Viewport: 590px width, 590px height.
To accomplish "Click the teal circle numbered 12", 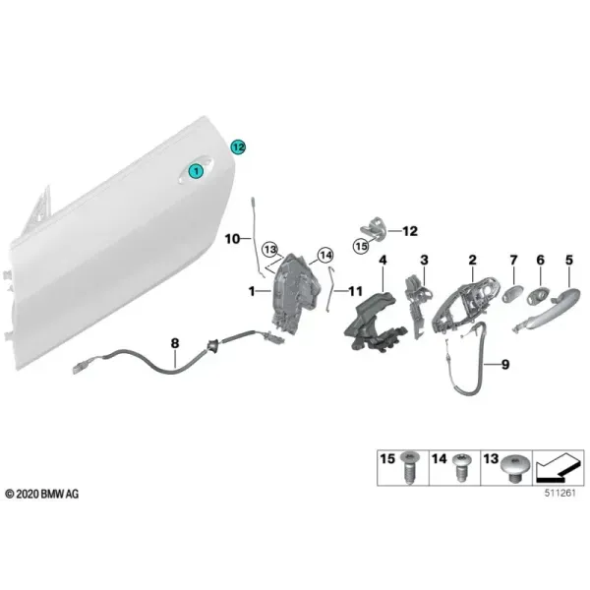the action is (238, 147).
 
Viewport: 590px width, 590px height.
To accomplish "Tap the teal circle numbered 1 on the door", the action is (196, 171).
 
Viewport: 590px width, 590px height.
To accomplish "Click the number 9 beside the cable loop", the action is (505, 364).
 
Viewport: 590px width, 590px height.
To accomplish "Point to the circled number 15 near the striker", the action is (361, 247).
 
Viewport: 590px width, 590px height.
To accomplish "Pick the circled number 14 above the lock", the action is (325, 256).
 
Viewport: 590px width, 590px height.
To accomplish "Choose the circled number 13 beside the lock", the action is (270, 249).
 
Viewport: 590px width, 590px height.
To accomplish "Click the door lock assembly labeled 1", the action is (296, 293).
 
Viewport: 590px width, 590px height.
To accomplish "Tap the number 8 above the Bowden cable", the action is (175, 343).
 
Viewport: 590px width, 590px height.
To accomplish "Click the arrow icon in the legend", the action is (557, 468).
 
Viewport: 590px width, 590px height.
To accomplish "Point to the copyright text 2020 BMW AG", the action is (42, 494).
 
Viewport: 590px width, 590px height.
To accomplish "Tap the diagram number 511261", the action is (560, 493).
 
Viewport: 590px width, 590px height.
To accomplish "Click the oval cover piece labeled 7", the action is (513, 293).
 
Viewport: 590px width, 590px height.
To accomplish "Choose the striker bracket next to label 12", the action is (372, 228).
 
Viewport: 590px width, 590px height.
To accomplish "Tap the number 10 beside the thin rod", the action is (232, 239).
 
